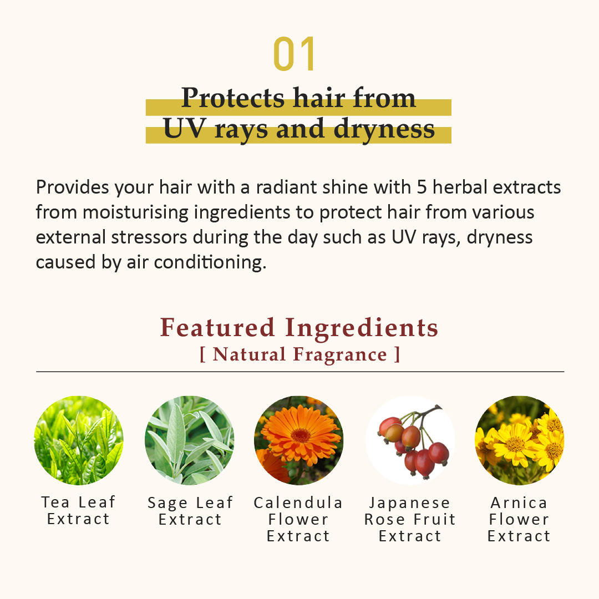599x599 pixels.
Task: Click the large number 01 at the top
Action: pyautogui.click(x=295, y=54)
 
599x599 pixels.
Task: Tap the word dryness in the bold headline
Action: pyautogui.click(x=384, y=129)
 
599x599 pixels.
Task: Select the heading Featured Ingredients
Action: pyautogui.click(x=299, y=327)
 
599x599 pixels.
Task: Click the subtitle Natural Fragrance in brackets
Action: pyautogui.click(x=299, y=354)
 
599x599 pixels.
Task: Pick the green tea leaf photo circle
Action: pyautogui.click(x=79, y=440)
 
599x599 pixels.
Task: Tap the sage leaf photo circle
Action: pyautogui.click(x=190, y=440)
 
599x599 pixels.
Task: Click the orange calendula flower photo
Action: pyautogui.click(x=298, y=440)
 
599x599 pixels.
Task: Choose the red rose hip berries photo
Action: pyautogui.click(x=410, y=440)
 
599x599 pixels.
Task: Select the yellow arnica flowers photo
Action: pyautogui.click(x=520, y=440)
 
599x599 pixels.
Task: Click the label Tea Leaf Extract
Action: pyautogui.click(x=79, y=511)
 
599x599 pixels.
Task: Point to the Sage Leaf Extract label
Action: pyautogui.click(x=190, y=511)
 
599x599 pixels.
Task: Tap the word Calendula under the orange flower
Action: pyautogui.click(x=298, y=502)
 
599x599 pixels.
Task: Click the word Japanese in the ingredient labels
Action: pyautogui.click(x=410, y=502)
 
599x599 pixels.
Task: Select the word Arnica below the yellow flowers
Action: pyautogui.click(x=519, y=502)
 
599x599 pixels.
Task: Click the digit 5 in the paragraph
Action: pyautogui.click(x=422, y=187)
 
